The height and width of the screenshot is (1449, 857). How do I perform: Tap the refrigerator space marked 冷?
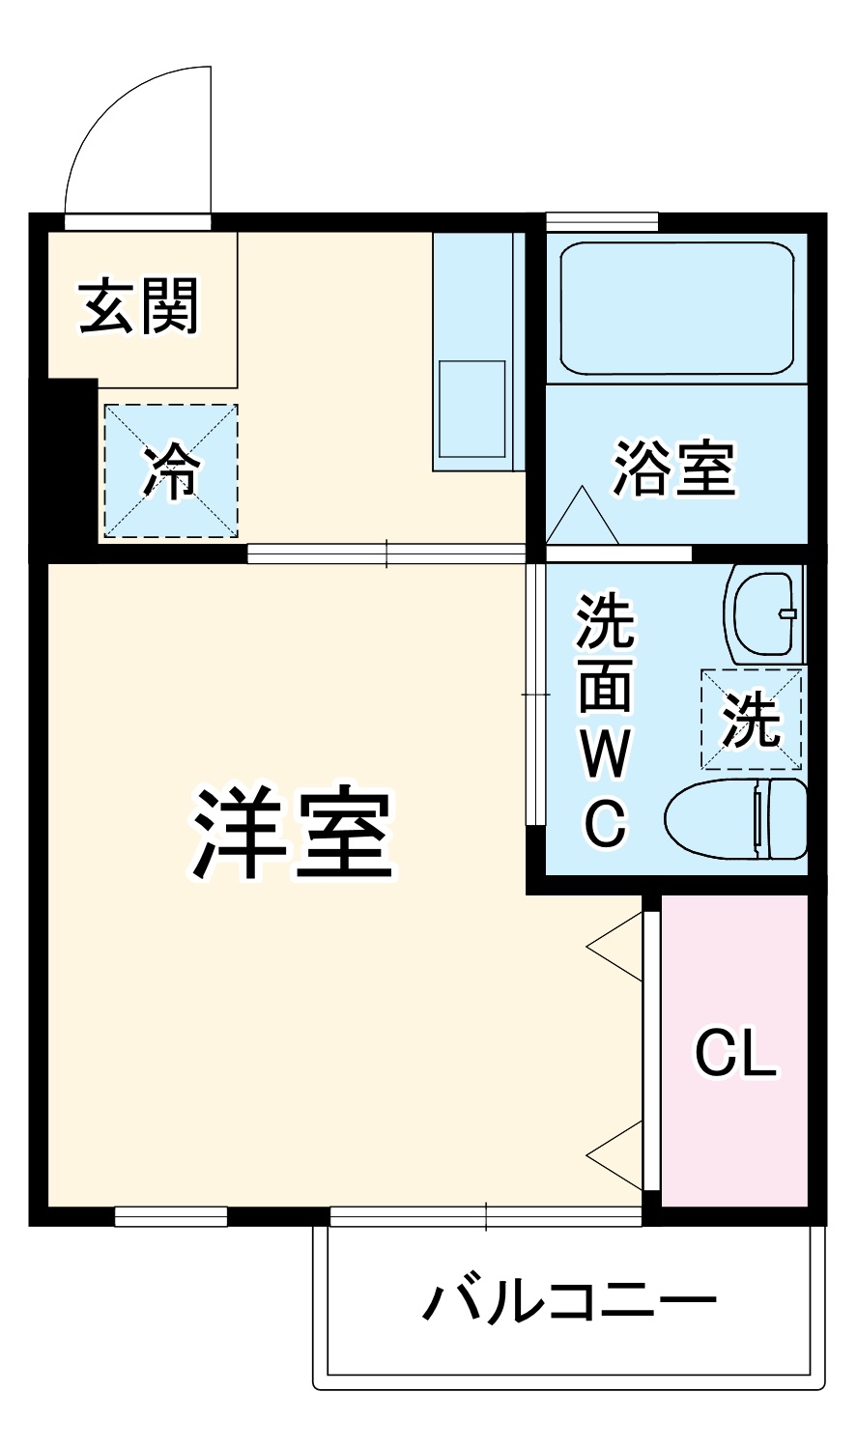pos(171,470)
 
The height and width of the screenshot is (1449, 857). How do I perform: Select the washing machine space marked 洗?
pos(752,720)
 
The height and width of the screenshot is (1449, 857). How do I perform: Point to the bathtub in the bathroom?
pos(676,308)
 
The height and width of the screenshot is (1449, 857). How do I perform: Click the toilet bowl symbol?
pos(734,818)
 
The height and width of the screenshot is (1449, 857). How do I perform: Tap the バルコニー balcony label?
pos(570,1303)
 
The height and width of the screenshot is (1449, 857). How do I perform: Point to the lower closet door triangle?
pos(615,1155)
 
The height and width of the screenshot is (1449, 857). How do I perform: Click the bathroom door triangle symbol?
pos(583,516)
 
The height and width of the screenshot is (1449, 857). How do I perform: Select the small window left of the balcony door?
pos(171,1216)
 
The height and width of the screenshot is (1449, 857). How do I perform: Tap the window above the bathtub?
pos(602,221)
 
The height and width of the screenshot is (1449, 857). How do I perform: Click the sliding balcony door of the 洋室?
pos(485,1216)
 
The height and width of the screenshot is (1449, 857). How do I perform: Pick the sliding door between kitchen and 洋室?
pos(386,554)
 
